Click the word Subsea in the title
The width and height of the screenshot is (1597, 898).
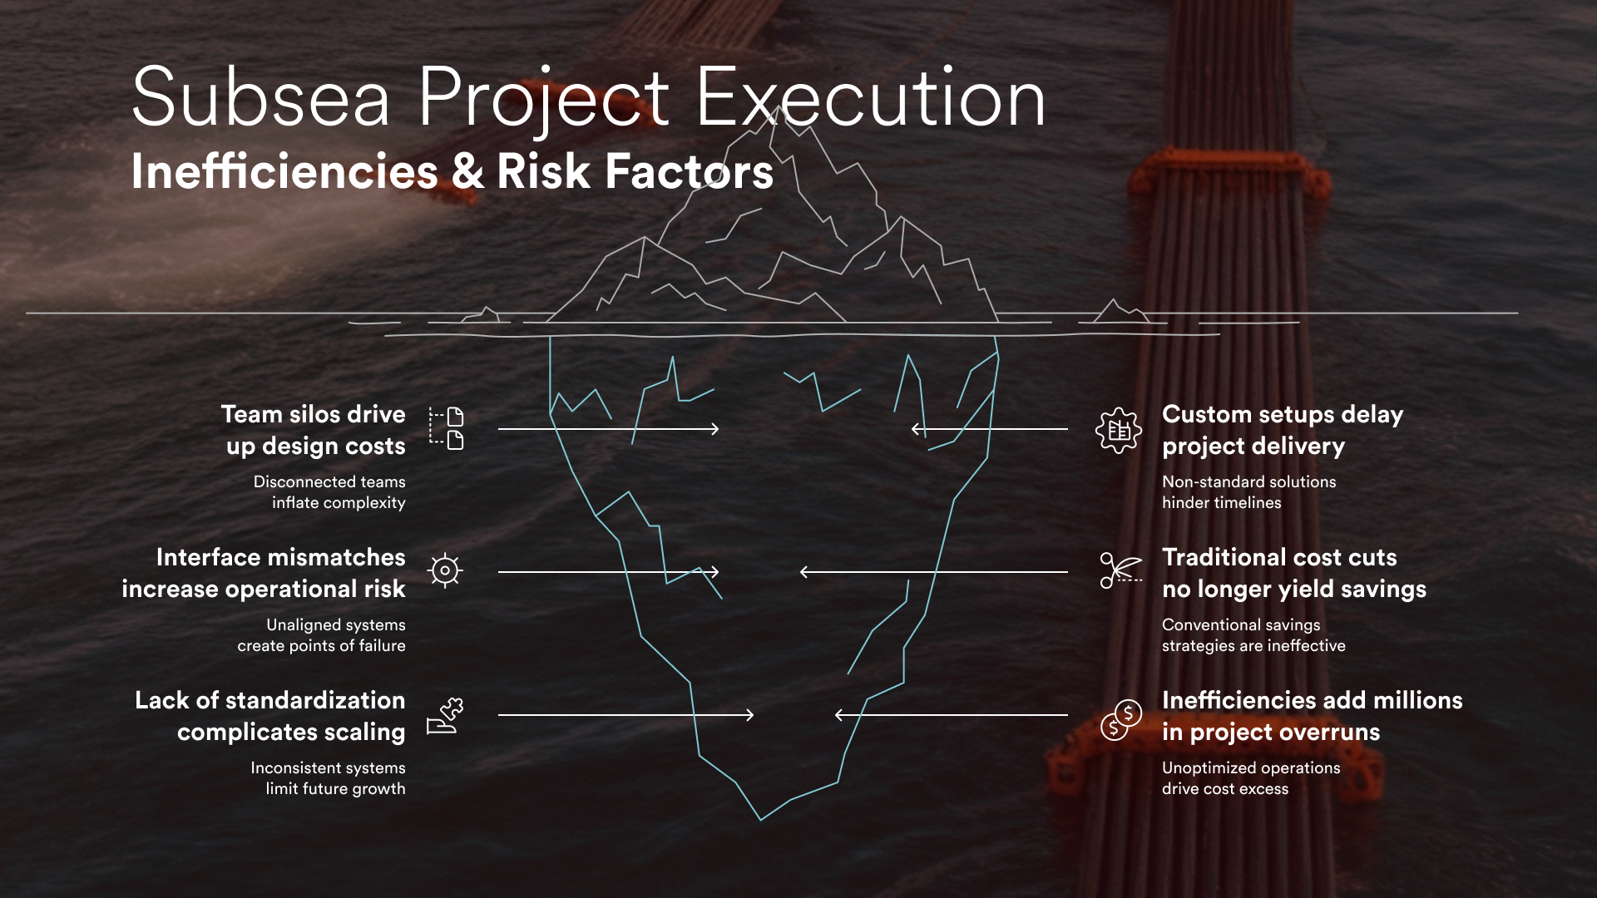click(260, 98)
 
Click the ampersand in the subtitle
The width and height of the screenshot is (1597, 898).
click(468, 171)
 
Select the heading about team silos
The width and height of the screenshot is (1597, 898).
click(314, 430)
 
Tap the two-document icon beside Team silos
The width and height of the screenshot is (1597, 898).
click(447, 428)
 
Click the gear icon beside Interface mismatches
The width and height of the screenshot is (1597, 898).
click(445, 570)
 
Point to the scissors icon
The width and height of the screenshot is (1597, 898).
click(1120, 570)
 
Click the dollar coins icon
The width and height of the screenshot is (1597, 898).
click(1120, 720)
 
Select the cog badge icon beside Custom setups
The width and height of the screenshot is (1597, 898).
click(1119, 430)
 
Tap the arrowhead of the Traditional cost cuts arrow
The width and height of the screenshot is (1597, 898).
click(803, 572)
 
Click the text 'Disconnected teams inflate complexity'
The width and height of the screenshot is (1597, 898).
click(329, 492)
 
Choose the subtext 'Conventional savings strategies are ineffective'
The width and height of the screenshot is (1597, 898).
click(1253, 635)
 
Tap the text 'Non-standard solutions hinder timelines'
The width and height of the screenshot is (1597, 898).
click(1248, 492)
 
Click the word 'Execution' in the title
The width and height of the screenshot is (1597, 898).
click(870, 98)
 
